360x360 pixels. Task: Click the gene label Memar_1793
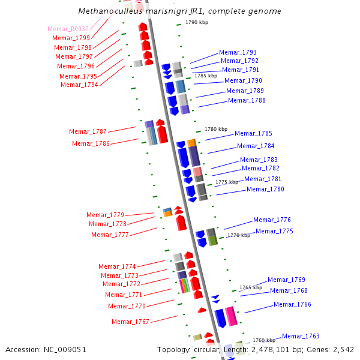(238, 52)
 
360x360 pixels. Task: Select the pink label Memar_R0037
(68, 29)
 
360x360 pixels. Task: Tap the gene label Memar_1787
(88, 131)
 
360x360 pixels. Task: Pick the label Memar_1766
(292, 304)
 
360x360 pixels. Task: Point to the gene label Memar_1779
(105, 215)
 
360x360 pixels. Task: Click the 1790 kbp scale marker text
(196, 22)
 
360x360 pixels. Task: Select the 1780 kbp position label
(216, 129)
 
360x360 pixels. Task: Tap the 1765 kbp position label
(251, 287)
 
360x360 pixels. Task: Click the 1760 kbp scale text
(263, 340)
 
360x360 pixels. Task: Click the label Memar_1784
(256, 146)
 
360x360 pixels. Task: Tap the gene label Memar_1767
(130, 322)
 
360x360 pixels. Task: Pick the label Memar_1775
(274, 231)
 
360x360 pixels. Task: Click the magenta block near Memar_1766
(231, 316)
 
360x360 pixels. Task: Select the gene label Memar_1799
(71, 38)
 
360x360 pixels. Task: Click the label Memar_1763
(301, 336)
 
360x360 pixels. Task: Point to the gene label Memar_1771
(124, 295)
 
